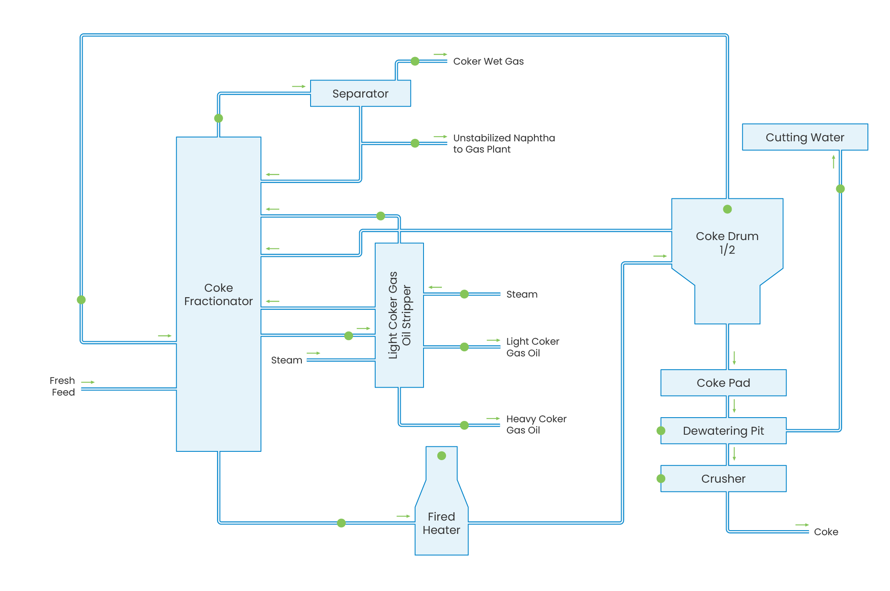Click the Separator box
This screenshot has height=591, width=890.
(361, 93)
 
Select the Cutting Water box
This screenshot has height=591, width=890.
(805, 137)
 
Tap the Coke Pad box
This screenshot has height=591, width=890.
(723, 383)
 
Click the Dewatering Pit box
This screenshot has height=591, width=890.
(723, 431)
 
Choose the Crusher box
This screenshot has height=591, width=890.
(723, 478)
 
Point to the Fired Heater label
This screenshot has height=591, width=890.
(441, 523)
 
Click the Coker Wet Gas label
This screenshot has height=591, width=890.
(488, 61)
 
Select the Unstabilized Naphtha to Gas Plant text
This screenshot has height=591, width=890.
(504, 143)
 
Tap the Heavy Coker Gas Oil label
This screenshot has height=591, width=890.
(536, 424)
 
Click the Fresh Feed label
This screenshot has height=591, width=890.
(63, 386)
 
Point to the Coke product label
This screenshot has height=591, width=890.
(826, 532)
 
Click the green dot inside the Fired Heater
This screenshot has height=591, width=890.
(441, 456)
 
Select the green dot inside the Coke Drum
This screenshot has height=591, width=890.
(727, 209)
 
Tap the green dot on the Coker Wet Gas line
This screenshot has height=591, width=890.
(415, 61)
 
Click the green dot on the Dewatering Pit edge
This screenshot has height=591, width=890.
(661, 431)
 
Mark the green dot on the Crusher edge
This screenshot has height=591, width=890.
(661, 478)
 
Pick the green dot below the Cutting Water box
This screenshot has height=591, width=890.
(840, 189)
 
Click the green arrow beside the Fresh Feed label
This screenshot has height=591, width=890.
(88, 382)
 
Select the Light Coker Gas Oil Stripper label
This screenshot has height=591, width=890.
(399, 315)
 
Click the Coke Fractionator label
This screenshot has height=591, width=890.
(218, 294)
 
